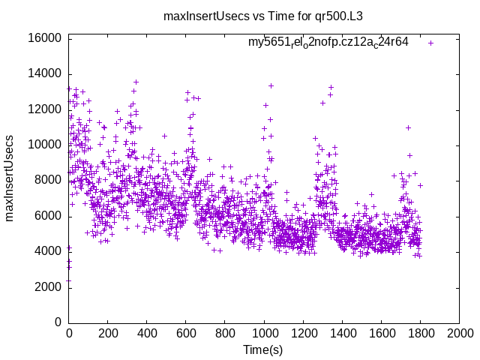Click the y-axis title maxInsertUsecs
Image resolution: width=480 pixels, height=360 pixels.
[x=10, y=178]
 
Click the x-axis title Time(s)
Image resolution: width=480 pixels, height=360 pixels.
[x=263, y=349]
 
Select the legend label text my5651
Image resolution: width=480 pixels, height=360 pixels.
[x=328, y=42]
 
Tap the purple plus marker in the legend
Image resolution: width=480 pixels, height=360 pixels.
[x=430, y=43]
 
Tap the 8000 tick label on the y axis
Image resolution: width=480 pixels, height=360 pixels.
[x=48, y=180]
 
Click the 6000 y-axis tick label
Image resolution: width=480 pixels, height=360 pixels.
[x=48, y=216]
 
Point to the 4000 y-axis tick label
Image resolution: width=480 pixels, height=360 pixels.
[x=48, y=251]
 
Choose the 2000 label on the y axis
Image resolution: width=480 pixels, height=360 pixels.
[x=48, y=287]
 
